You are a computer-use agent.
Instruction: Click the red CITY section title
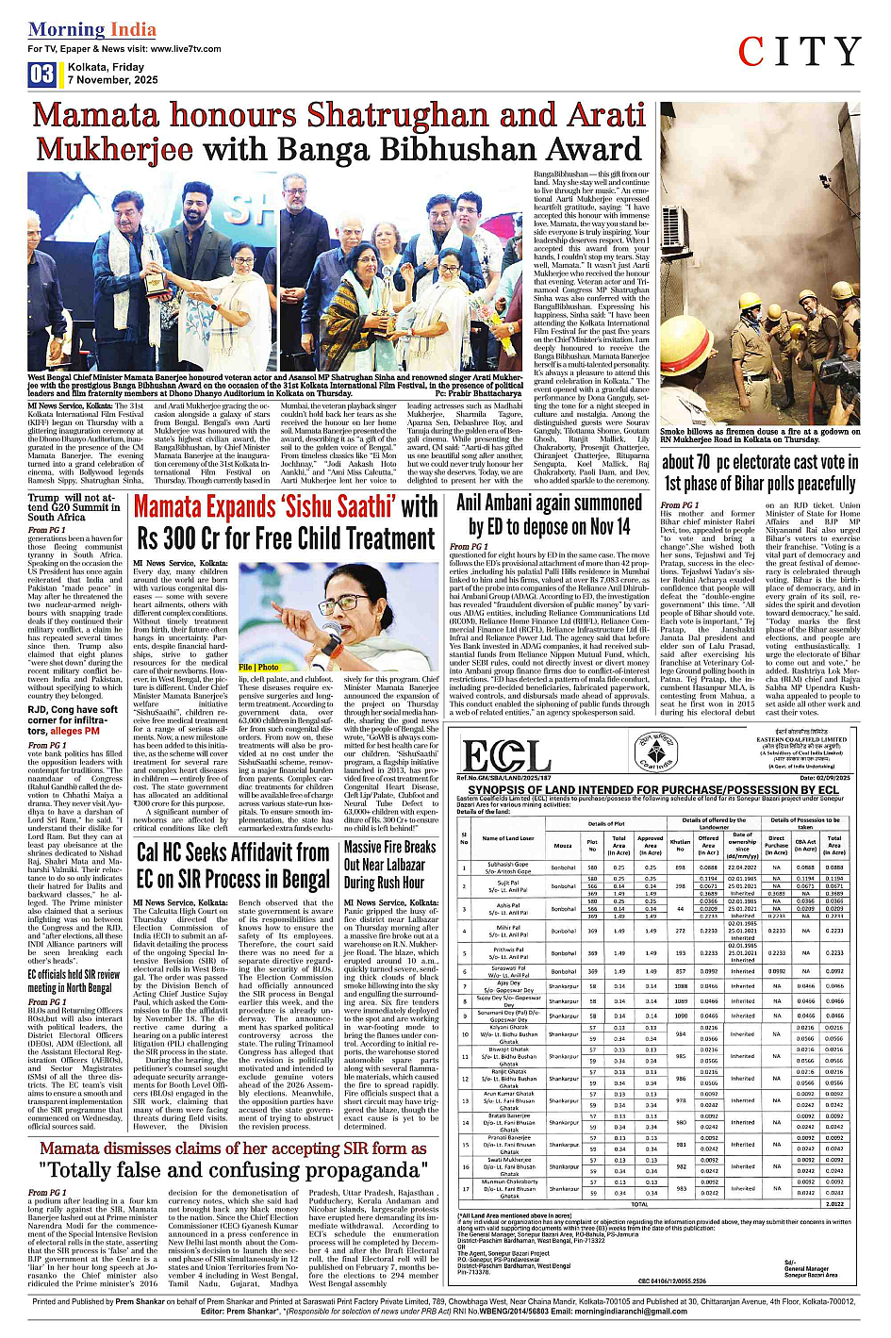(x=800, y=53)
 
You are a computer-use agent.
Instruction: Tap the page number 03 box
(x=41, y=74)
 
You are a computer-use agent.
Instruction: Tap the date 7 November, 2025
(x=113, y=80)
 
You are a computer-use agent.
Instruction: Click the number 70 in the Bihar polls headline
(x=699, y=463)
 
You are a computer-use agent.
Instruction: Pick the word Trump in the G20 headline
(x=44, y=497)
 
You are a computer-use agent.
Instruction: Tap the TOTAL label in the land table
(x=639, y=1204)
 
